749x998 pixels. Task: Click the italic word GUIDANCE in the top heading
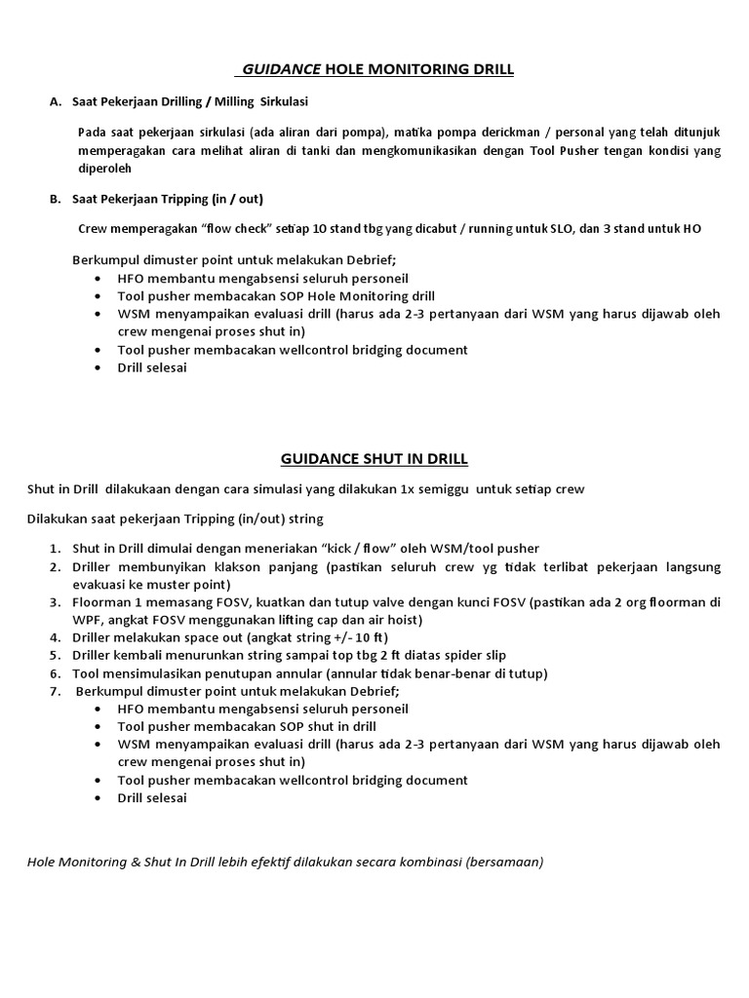click(281, 69)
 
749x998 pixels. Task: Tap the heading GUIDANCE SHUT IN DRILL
click(374, 458)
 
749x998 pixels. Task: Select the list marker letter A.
click(55, 101)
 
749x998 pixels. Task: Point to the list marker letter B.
click(55, 199)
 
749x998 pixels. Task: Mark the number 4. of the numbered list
click(55, 637)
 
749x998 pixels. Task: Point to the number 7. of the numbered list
click(55, 691)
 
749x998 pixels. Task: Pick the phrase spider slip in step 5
click(470, 655)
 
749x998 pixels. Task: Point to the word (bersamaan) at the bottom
click(511, 862)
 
